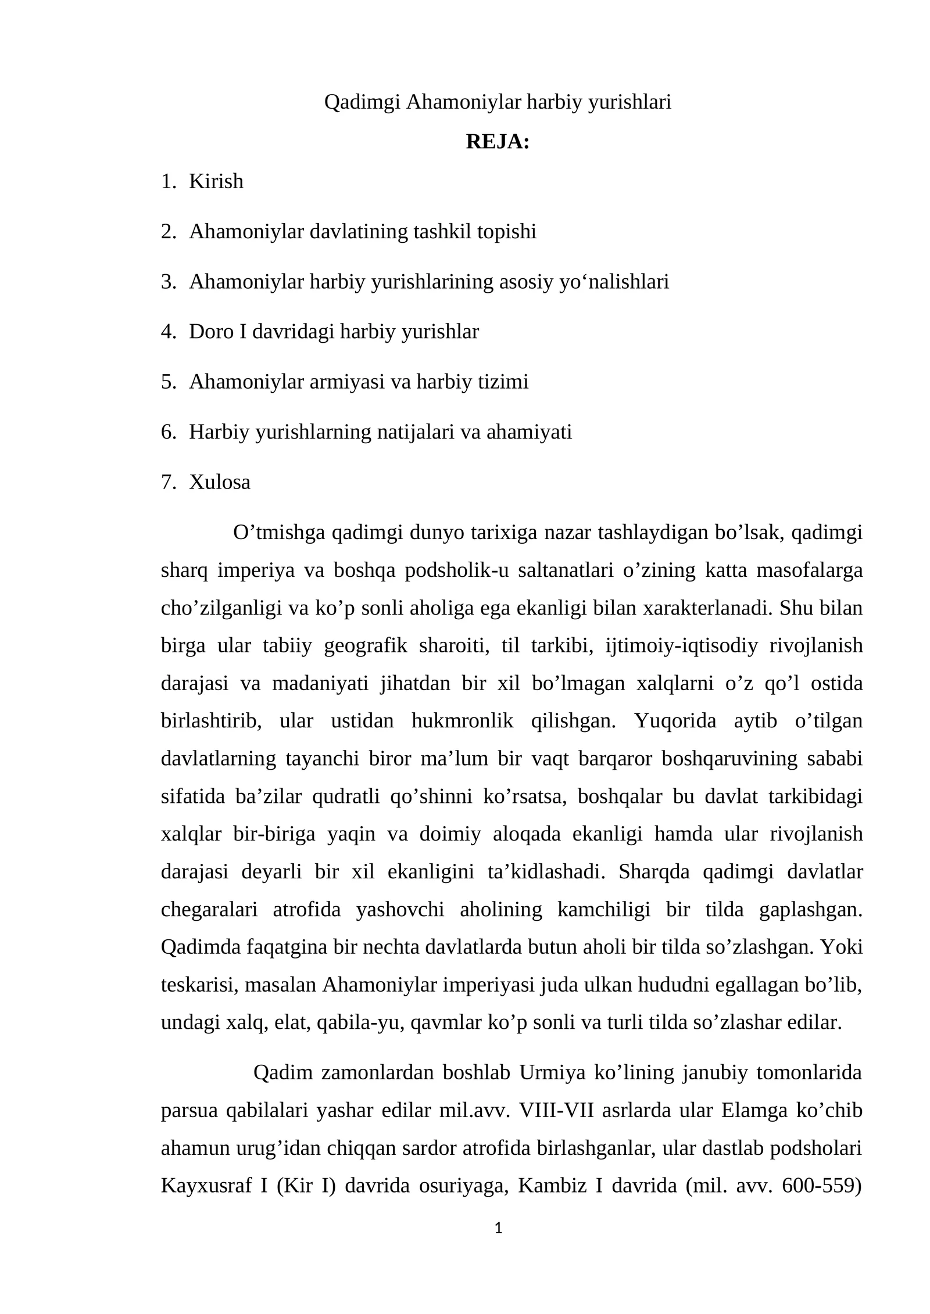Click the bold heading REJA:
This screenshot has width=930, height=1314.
[498, 142]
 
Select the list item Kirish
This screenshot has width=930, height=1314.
[216, 182]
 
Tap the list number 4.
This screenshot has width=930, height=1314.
[167, 332]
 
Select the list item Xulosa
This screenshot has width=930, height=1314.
[220, 482]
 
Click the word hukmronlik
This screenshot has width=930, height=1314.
[462, 721]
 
